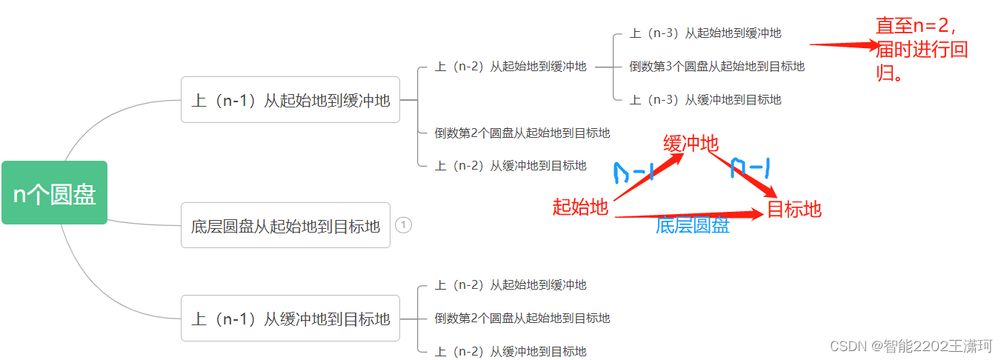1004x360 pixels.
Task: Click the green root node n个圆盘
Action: point(54,193)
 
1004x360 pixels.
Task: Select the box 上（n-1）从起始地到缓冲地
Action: point(290,100)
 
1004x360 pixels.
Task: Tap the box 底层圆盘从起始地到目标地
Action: point(285,225)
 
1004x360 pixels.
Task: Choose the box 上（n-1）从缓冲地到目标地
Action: point(290,319)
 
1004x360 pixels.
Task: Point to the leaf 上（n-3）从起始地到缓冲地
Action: point(705,33)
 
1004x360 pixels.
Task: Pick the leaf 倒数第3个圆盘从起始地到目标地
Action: point(717,67)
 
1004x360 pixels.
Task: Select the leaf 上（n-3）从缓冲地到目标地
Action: point(705,100)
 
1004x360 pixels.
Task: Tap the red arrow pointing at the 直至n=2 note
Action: point(845,45)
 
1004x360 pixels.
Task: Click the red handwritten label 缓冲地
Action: point(691,144)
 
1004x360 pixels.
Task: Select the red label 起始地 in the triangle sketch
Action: point(580,207)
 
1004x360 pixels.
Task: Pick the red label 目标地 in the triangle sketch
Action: point(794,210)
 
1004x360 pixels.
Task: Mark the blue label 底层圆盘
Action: point(693,226)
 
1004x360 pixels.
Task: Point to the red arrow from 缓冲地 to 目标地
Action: point(741,174)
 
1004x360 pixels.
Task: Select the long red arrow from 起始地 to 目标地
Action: point(689,216)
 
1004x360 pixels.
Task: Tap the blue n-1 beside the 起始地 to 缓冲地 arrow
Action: point(634,173)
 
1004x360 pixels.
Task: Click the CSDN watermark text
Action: point(911,346)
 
